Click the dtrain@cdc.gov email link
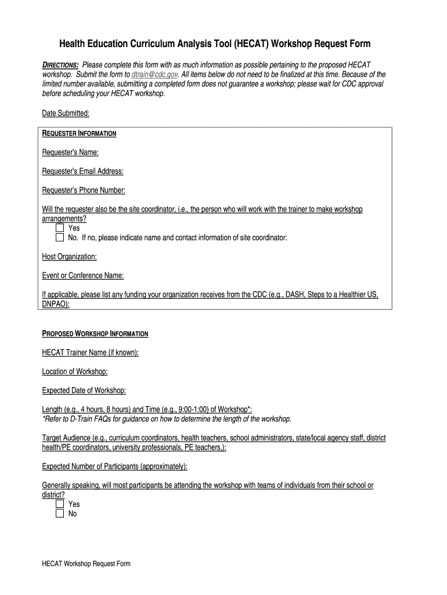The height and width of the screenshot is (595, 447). tap(155, 75)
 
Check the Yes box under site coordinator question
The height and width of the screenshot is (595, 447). tap(59, 228)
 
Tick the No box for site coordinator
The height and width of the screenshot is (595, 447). tap(59, 238)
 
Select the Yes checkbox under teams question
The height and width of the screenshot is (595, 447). tap(59, 504)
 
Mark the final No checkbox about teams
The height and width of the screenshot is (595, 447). tap(59, 514)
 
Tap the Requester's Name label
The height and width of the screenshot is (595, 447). tap(70, 152)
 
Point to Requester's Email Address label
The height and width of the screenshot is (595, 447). tap(83, 171)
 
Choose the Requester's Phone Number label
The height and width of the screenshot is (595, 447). tap(84, 190)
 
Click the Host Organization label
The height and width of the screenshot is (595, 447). tap(70, 256)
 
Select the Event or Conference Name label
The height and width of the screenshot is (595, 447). tap(83, 275)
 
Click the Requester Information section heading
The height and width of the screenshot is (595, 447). tap(80, 134)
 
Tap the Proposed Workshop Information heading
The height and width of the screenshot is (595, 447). tap(95, 334)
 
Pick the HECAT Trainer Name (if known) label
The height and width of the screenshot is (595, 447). tap(91, 353)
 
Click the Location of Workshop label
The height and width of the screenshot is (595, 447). tap(75, 371)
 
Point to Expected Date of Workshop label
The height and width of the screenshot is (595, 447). tap(84, 390)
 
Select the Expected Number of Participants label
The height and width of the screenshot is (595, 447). tap(115, 467)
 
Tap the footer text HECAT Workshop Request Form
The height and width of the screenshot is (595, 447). tap(86, 564)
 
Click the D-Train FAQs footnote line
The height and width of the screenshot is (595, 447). tap(167, 419)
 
